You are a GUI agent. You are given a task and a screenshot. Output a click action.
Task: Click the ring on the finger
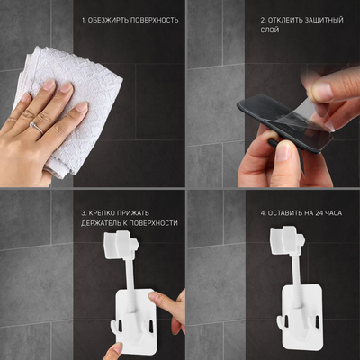tap(37, 127)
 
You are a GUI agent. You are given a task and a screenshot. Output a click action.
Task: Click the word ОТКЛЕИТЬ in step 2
tap(284, 20)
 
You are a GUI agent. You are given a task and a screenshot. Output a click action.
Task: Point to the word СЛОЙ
tap(270, 30)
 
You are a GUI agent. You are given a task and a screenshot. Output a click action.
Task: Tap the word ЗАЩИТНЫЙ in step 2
tap(324, 20)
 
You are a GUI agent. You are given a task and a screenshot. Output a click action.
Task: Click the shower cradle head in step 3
tap(121, 245)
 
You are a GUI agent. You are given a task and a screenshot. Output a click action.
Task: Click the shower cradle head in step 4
tap(287, 241)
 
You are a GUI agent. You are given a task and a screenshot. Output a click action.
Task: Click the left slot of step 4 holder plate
tap(286, 322)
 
